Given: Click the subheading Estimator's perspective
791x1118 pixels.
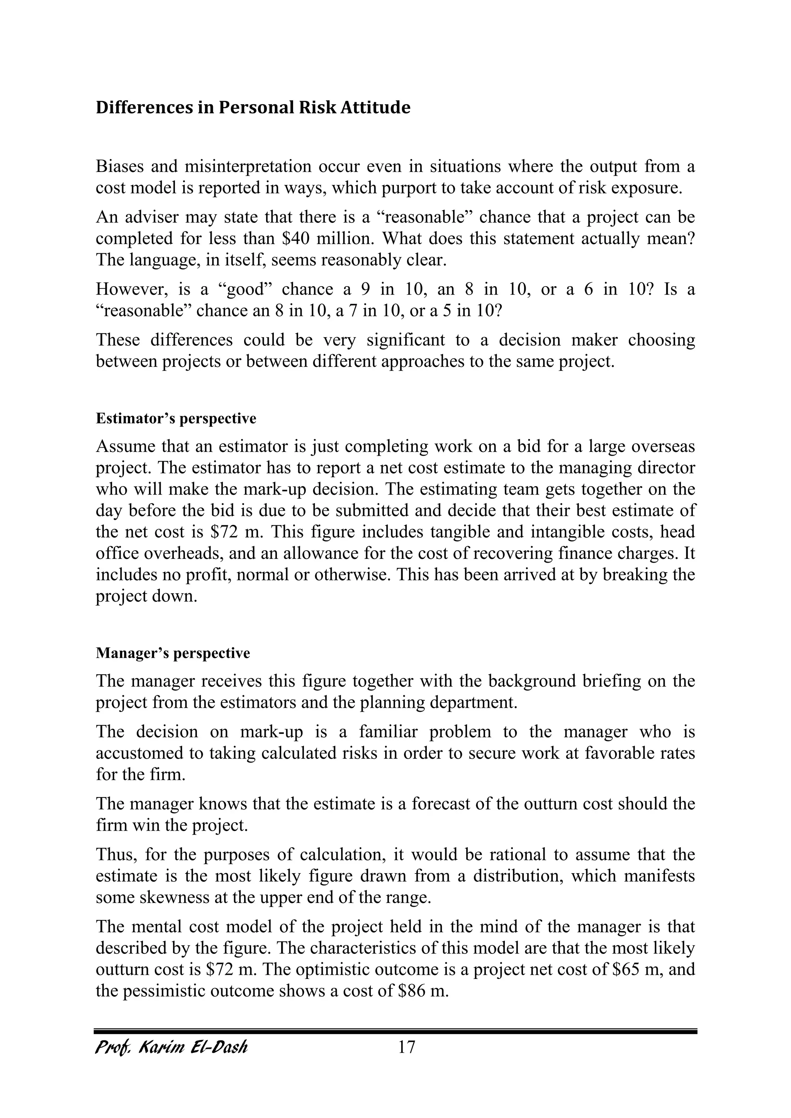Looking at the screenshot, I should [x=176, y=419].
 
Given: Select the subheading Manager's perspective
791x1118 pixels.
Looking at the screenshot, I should [x=173, y=653].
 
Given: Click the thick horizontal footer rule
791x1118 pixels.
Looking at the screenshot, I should [x=395, y=1031].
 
